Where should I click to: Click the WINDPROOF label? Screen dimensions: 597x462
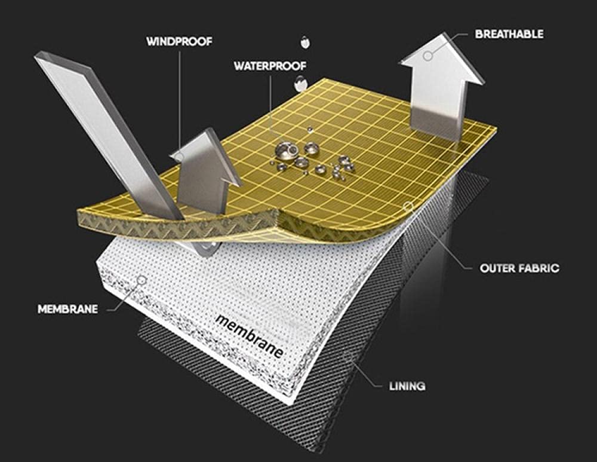[x=179, y=41]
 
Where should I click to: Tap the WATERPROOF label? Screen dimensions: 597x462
[x=270, y=66]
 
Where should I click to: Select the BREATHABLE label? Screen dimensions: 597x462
[x=509, y=34]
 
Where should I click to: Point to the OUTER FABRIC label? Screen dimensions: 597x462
[x=519, y=268]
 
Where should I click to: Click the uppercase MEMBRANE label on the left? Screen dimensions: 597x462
[x=68, y=309]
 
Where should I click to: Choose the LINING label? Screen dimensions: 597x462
[x=407, y=386]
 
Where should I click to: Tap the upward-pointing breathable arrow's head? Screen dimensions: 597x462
[x=442, y=59]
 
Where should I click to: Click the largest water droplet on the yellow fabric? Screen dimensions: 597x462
[x=287, y=151]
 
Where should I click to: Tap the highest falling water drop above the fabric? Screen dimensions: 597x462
[x=304, y=42]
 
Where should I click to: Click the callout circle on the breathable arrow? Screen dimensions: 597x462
[x=428, y=56]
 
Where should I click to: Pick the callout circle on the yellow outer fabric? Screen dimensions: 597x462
[x=408, y=207]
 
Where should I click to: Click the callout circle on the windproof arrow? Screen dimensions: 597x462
[x=179, y=156]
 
